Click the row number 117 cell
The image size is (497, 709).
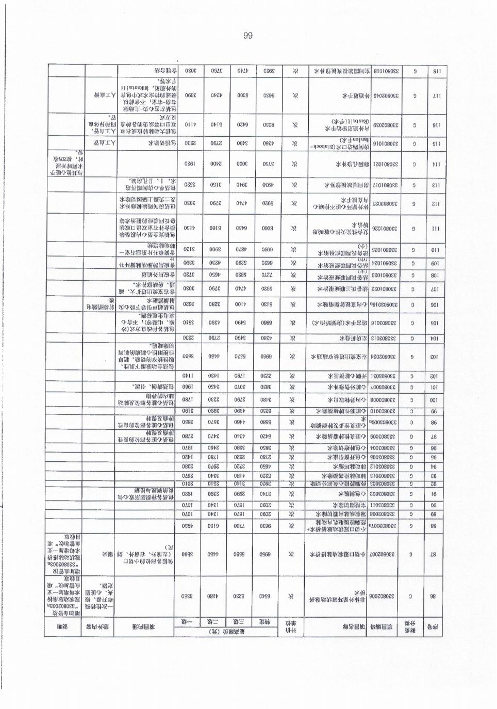click(x=434, y=95)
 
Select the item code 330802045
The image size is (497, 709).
click(x=383, y=95)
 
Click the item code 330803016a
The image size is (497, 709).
click(x=383, y=304)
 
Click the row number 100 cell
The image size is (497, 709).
click(x=434, y=400)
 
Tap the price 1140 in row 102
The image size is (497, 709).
click(x=189, y=376)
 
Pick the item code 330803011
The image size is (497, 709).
click(x=383, y=491)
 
